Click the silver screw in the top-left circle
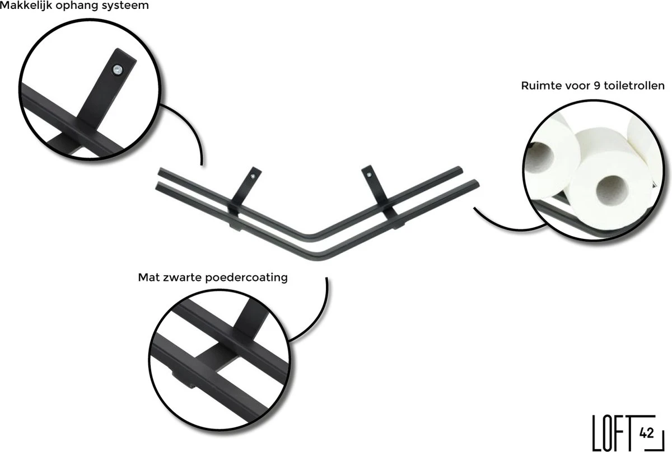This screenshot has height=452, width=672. point(117,70)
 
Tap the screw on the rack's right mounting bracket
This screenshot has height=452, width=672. point(369,176)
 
